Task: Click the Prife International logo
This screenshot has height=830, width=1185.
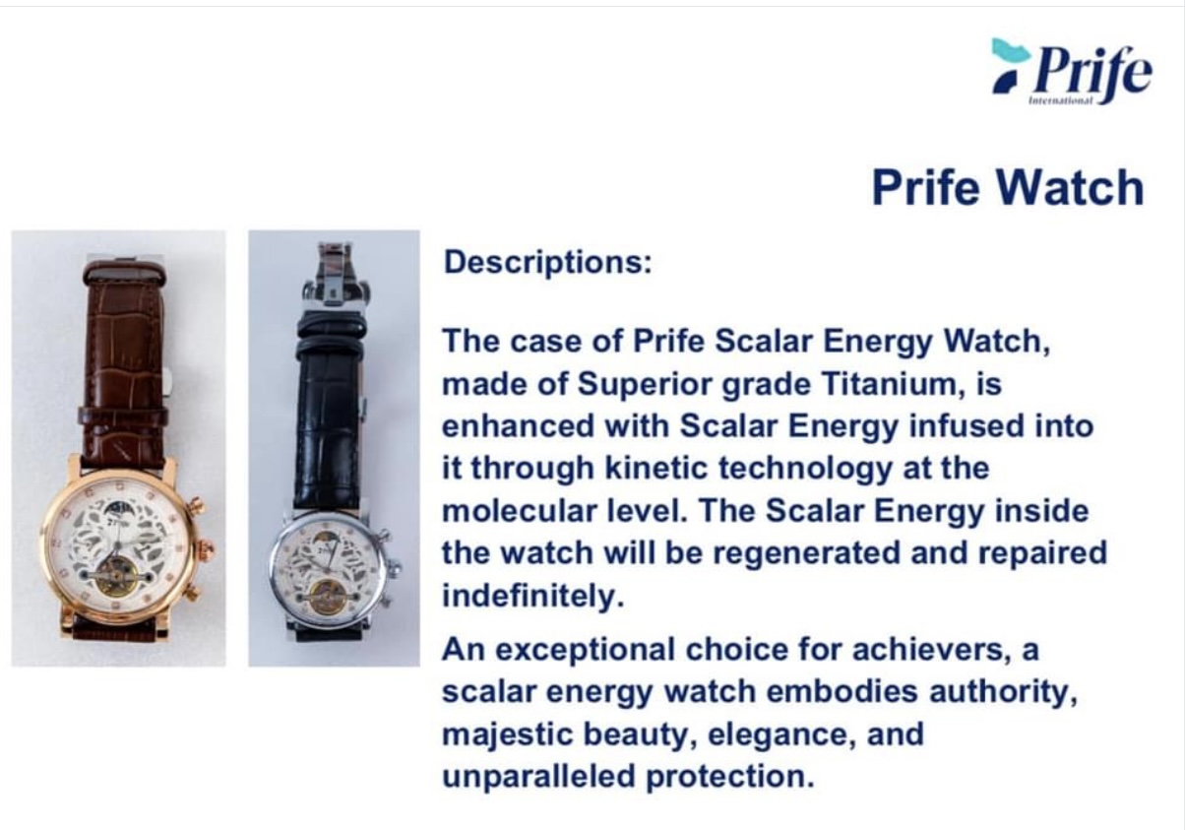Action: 1072,72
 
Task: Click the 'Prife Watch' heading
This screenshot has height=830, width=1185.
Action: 1008,187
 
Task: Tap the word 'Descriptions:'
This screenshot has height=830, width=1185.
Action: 547,262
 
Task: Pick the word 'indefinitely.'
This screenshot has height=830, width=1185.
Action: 533,596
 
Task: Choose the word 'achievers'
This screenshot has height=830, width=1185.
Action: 927,649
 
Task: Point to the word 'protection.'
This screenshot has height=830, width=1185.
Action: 730,777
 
